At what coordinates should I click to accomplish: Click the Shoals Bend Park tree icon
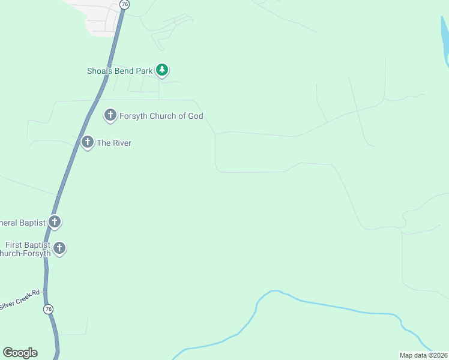coord(161,70)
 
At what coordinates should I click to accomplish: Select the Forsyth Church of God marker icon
coord(110,115)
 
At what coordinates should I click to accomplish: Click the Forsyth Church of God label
coord(161,116)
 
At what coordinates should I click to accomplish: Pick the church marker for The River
coord(88,142)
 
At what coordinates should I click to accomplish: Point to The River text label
coord(114,143)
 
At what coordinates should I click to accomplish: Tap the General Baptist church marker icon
coord(55,222)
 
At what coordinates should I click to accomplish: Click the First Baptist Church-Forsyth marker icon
coord(59,247)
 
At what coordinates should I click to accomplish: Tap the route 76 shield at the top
coord(124,4)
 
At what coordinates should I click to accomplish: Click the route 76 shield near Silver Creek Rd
coord(49,309)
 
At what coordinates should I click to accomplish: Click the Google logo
coord(20,353)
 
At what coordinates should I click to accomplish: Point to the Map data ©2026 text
coord(423,355)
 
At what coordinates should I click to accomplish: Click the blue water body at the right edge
coord(445,39)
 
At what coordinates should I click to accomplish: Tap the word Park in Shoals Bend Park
coord(145,70)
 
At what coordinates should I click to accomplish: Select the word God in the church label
coord(196,116)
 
